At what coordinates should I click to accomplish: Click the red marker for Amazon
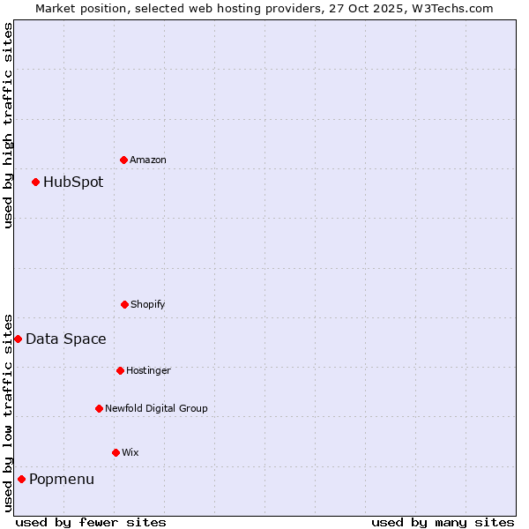pyautogui.click(x=123, y=160)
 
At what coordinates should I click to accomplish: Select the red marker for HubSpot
pyautogui.click(x=35, y=182)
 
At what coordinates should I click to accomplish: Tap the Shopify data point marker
pyautogui.click(x=124, y=304)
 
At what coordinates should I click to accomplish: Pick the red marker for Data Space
pyautogui.click(x=18, y=339)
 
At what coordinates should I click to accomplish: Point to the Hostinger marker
pyautogui.click(x=120, y=370)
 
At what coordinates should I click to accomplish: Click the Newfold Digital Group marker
pyautogui.click(x=99, y=408)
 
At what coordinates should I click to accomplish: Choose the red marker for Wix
pyautogui.click(x=115, y=452)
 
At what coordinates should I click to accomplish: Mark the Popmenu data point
pyautogui.click(x=21, y=479)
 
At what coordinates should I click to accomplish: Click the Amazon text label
pyautogui.click(x=148, y=160)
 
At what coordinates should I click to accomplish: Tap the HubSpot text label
pyautogui.click(x=73, y=183)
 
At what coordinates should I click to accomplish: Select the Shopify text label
pyautogui.click(x=148, y=304)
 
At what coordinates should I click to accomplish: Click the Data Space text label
pyautogui.click(x=66, y=339)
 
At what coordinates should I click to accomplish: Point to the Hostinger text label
pyautogui.click(x=148, y=370)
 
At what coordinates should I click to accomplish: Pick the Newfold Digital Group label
pyautogui.click(x=156, y=408)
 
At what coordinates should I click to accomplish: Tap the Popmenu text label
pyautogui.click(x=62, y=480)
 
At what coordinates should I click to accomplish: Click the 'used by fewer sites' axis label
pyautogui.click(x=91, y=522)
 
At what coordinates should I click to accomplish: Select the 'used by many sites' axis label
pyautogui.click(x=443, y=522)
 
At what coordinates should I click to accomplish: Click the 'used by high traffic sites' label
pyautogui.click(x=9, y=125)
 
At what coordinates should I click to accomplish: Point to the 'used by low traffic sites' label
pyautogui.click(x=9, y=413)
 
